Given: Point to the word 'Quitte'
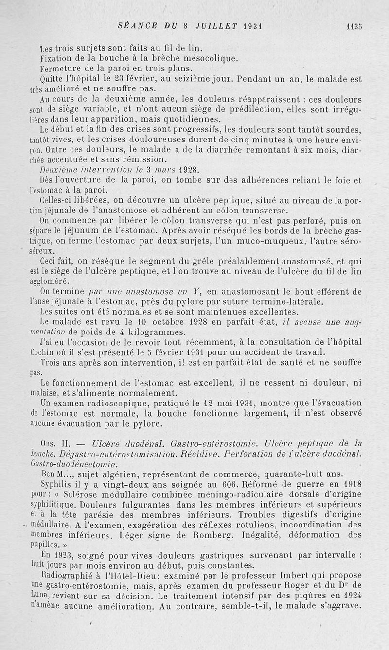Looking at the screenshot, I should point(53,79).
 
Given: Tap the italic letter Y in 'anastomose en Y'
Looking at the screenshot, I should point(197,292).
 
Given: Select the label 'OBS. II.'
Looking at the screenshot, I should point(57,444).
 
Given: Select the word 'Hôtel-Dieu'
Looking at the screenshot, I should point(122,576).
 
